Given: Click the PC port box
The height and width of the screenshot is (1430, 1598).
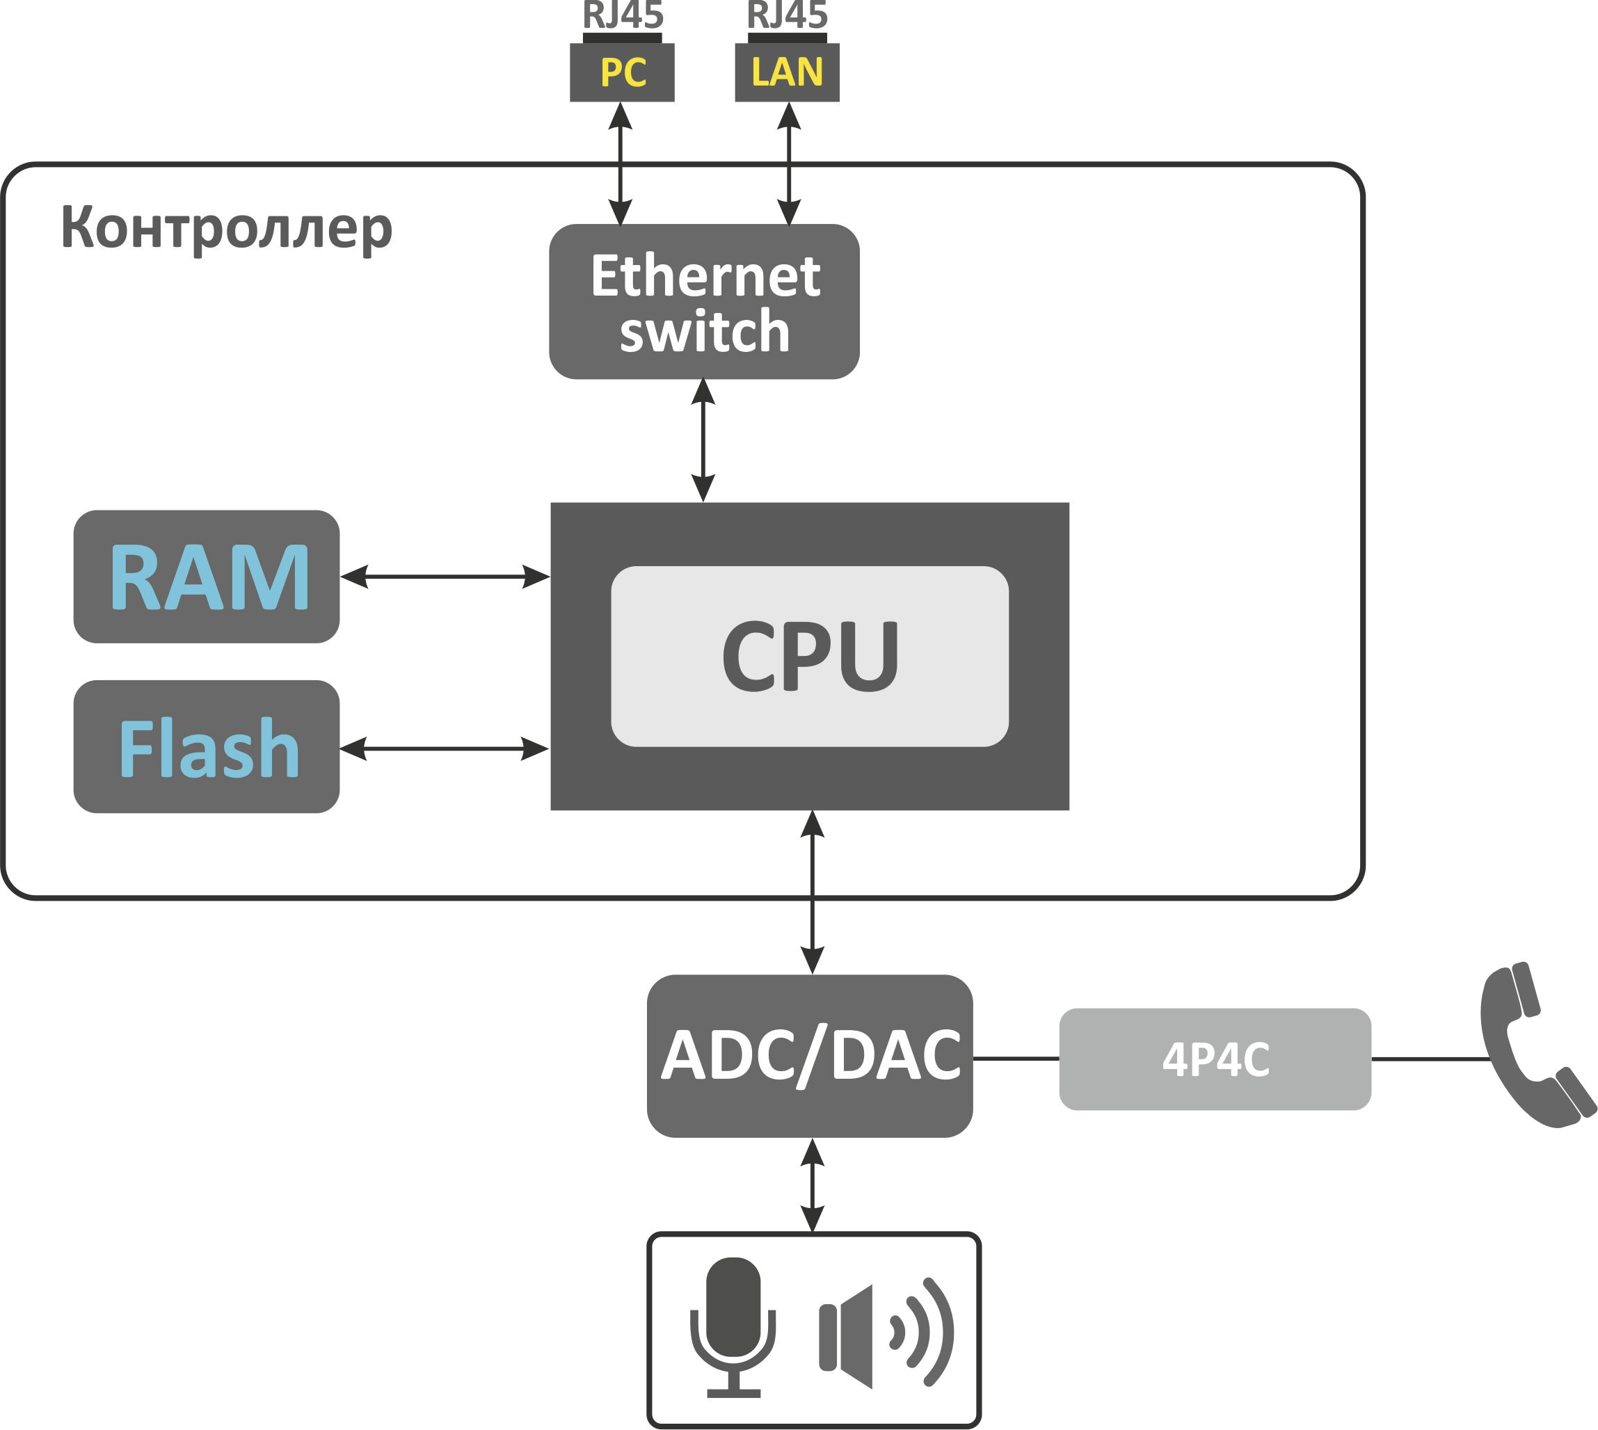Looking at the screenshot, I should pos(622,72).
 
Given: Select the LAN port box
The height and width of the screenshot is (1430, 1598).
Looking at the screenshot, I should pos(787,72).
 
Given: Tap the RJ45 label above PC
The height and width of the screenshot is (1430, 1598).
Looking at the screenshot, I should pos(623,14).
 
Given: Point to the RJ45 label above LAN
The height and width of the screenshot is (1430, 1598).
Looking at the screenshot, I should pos(787,14).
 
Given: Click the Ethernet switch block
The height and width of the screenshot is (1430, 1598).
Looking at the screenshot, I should pos(704,302).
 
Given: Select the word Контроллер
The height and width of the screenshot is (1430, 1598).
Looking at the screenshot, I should pos(226,228).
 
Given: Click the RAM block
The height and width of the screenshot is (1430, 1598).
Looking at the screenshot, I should pos(207,577).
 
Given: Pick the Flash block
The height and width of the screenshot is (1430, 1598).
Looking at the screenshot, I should pos(207,747).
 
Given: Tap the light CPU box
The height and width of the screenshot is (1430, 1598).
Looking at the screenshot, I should pos(810,656).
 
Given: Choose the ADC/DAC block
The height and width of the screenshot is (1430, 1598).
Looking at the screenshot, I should pos(810,1056).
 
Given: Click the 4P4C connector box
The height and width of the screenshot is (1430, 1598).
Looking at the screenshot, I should pos(1215,1059).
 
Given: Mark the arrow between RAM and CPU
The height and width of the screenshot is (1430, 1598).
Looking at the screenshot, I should pos(445,577).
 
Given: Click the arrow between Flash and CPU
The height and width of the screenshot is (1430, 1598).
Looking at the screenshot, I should pos(444,749).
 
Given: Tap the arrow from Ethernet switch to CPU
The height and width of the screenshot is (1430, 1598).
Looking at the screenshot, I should pos(703,441).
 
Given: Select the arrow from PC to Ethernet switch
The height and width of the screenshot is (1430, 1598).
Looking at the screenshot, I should pos(621,163).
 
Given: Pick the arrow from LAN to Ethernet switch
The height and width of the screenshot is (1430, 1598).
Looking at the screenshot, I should pos(788,163).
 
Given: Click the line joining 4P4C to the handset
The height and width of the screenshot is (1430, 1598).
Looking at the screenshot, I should pos(1430,1059).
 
